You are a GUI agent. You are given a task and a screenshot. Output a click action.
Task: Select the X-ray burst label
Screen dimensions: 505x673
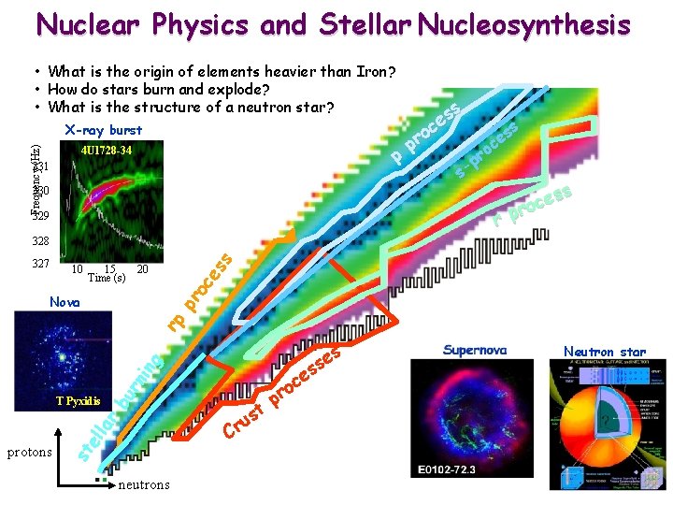pyautogui.click(x=103, y=130)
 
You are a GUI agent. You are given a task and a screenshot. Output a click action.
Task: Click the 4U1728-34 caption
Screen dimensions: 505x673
pyautogui.click(x=106, y=151)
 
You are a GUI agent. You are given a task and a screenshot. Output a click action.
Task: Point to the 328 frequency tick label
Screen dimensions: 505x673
pyautogui.click(x=39, y=241)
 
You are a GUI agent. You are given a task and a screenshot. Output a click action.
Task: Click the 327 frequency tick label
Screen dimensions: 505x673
pyautogui.click(x=39, y=264)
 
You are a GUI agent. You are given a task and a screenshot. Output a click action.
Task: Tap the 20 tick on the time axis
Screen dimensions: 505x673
pyautogui.click(x=142, y=269)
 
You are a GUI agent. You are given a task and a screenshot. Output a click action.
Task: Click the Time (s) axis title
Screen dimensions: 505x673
pyautogui.click(x=106, y=278)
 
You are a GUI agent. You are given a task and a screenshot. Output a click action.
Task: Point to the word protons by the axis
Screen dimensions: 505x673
pyautogui.click(x=30, y=453)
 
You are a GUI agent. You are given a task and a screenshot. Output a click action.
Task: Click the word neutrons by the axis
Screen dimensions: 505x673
pyautogui.click(x=145, y=485)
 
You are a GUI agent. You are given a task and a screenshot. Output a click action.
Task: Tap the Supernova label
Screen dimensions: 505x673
pyautogui.click(x=475, y=350)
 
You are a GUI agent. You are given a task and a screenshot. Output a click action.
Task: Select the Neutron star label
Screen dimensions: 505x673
pyautogui.click(x=604, y=352)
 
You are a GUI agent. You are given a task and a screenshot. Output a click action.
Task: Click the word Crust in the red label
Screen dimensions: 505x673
pyautogui.click(x=242, y=422)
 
